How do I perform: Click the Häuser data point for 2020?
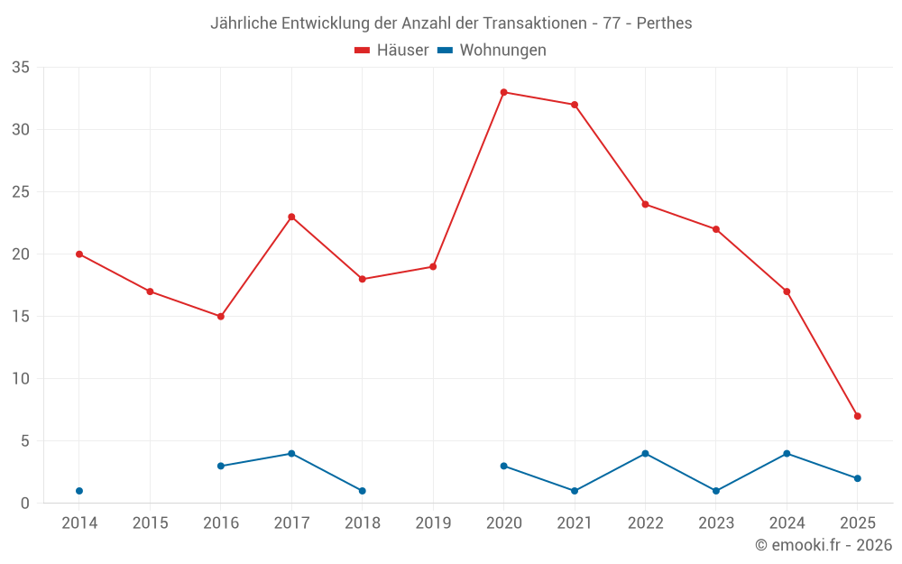[x=503, y=92]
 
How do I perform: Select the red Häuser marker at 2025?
[x=857, y=416]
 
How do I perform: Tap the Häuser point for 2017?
[x=291, y=217]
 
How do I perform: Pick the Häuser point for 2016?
[x=220, y=317]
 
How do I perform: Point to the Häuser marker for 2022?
[x=645, y=204]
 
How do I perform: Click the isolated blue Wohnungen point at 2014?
[x=79, y=491]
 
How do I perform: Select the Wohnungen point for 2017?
[x=291, y=454]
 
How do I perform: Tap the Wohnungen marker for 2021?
[x=575, y=491]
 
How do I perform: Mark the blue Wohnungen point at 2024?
[x=787, y=454]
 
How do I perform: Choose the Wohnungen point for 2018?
[x=362, y=491]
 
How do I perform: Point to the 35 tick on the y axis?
[x=21, y=68]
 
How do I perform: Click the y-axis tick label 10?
[x=21, y=379]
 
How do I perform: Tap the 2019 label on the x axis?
[x=433, y=523]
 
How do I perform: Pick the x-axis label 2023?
[x=716, y=523]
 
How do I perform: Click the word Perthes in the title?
[x=664, y=23]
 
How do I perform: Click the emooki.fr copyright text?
[x=823, y=545]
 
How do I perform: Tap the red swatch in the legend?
[x=363, y=51]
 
